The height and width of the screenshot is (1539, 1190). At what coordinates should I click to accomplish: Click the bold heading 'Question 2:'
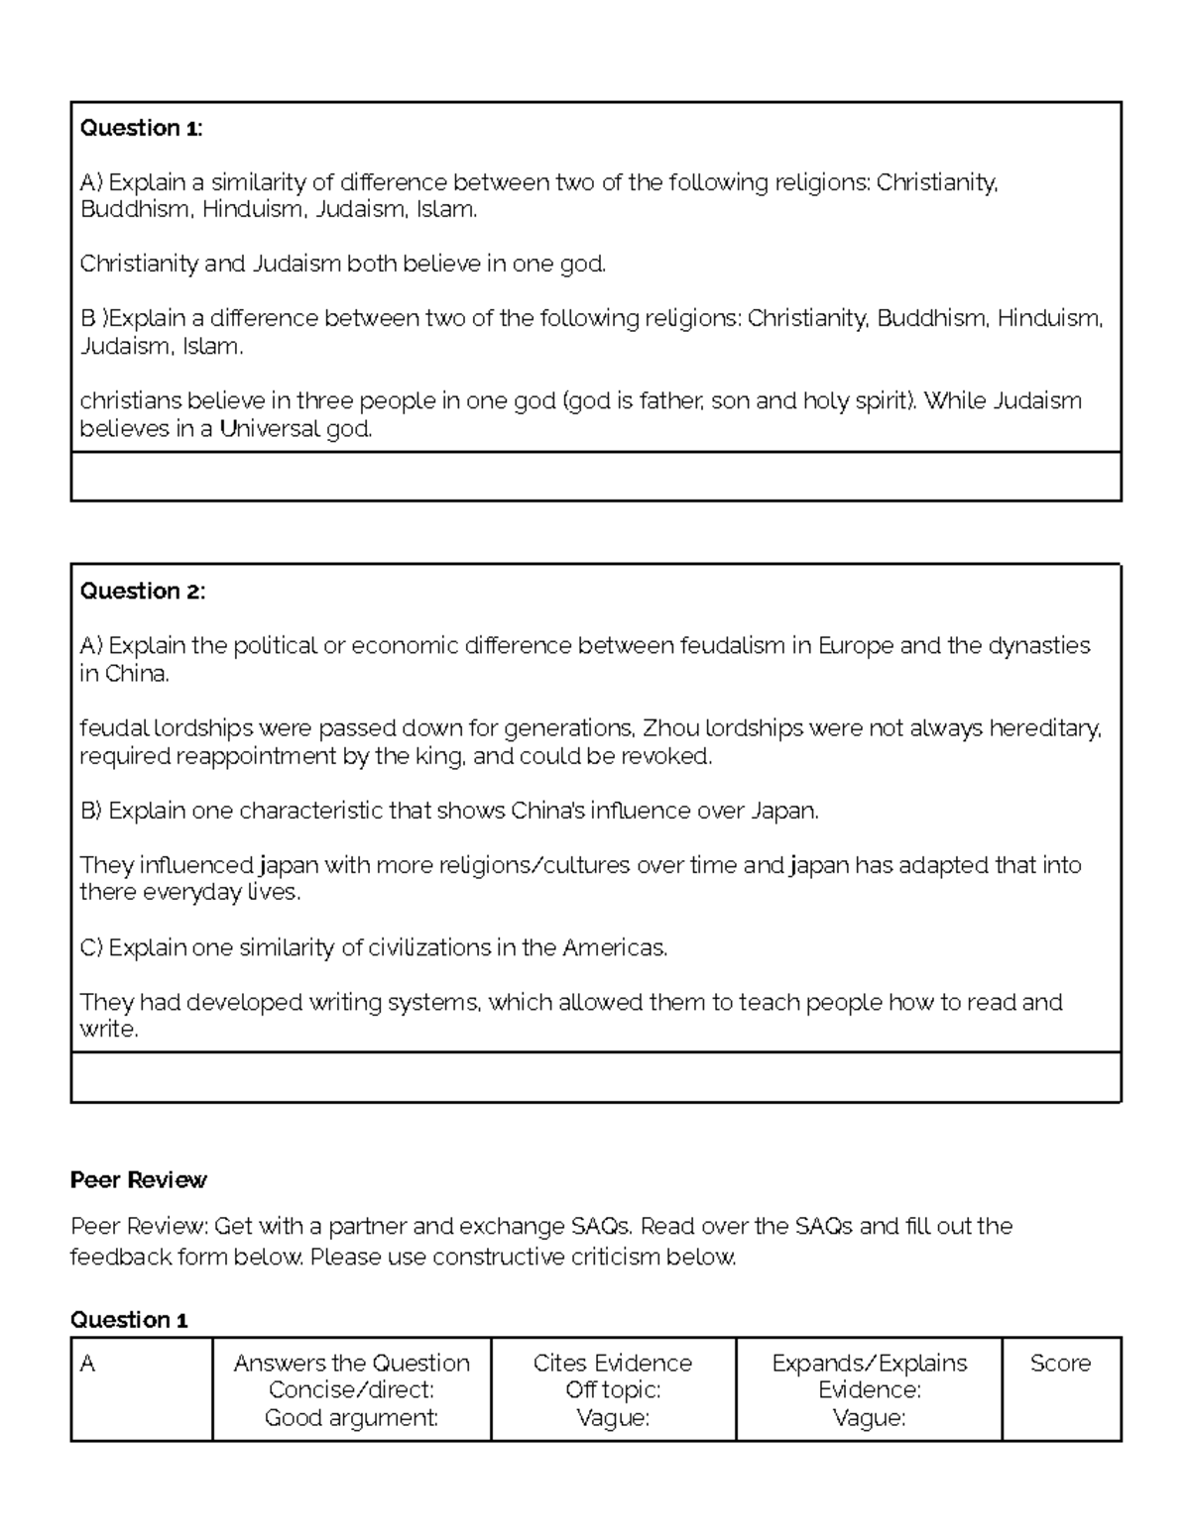coord(142,592)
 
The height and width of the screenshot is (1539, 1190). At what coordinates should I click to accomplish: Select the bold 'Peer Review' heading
coord(138,1179)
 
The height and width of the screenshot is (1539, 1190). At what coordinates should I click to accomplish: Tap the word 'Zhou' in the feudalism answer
coord(670,728)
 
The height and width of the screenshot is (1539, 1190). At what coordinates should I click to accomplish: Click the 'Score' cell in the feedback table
coord(1060,1364)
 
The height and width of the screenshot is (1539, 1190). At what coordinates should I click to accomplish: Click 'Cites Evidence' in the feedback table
coord(612,1364)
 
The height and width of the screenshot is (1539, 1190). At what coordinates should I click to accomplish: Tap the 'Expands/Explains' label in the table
coord(869,1364)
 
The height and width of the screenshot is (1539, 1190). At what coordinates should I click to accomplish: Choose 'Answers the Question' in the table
coord(351,1364)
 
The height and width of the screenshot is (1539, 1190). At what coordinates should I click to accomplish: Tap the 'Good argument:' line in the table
coord(351,1418)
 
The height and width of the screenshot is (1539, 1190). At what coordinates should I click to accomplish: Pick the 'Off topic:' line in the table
coord(612,1390)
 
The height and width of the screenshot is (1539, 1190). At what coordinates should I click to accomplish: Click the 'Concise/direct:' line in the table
coord(351,1390)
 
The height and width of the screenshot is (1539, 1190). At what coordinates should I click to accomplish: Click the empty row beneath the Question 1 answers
coord(595,477)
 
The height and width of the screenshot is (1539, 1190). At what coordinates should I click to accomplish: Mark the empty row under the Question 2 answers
coord(595,1077)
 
